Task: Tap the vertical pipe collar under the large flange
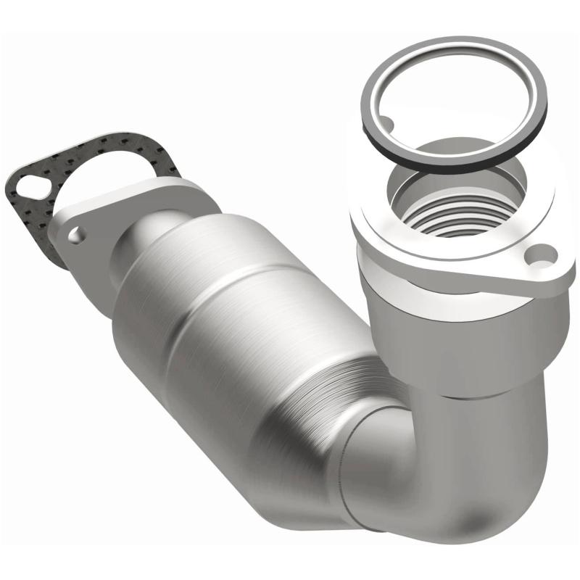(x=464, y=341)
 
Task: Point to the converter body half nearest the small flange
(x=174, y=290)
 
